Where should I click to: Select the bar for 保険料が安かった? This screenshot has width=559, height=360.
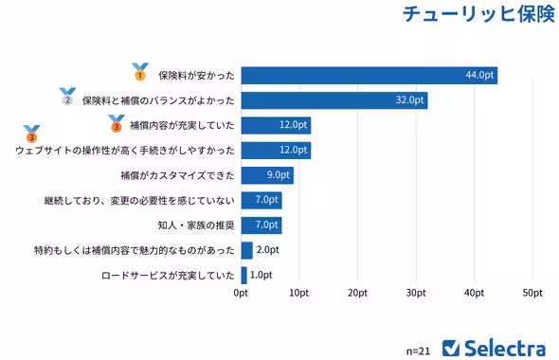coord(370,75)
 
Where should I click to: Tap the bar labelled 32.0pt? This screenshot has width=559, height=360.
coord(334,99)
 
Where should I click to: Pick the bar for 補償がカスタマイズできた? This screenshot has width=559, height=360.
coord(267,174)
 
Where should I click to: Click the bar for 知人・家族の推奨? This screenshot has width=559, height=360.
coord(261,225)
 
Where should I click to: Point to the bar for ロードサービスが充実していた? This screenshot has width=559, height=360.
coord(244,275)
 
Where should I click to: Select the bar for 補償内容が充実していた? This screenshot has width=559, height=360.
coord(276,125)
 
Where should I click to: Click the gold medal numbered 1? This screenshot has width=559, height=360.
coord(139,72)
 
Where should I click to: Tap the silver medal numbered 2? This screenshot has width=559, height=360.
coord(66,97)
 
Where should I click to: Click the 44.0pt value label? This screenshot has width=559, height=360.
coord(478,75)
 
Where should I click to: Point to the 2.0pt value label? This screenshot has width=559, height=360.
coord(268,250)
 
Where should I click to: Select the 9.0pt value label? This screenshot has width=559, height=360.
coord(278,174)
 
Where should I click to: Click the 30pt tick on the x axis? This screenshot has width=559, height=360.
coord(415,294)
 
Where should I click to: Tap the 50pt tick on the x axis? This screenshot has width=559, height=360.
coord(532,294)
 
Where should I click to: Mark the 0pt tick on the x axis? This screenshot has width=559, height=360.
coord(241,294)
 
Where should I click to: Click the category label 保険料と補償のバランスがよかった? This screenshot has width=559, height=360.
coord(158,99)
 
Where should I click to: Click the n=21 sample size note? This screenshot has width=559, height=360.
coord(418,350)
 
